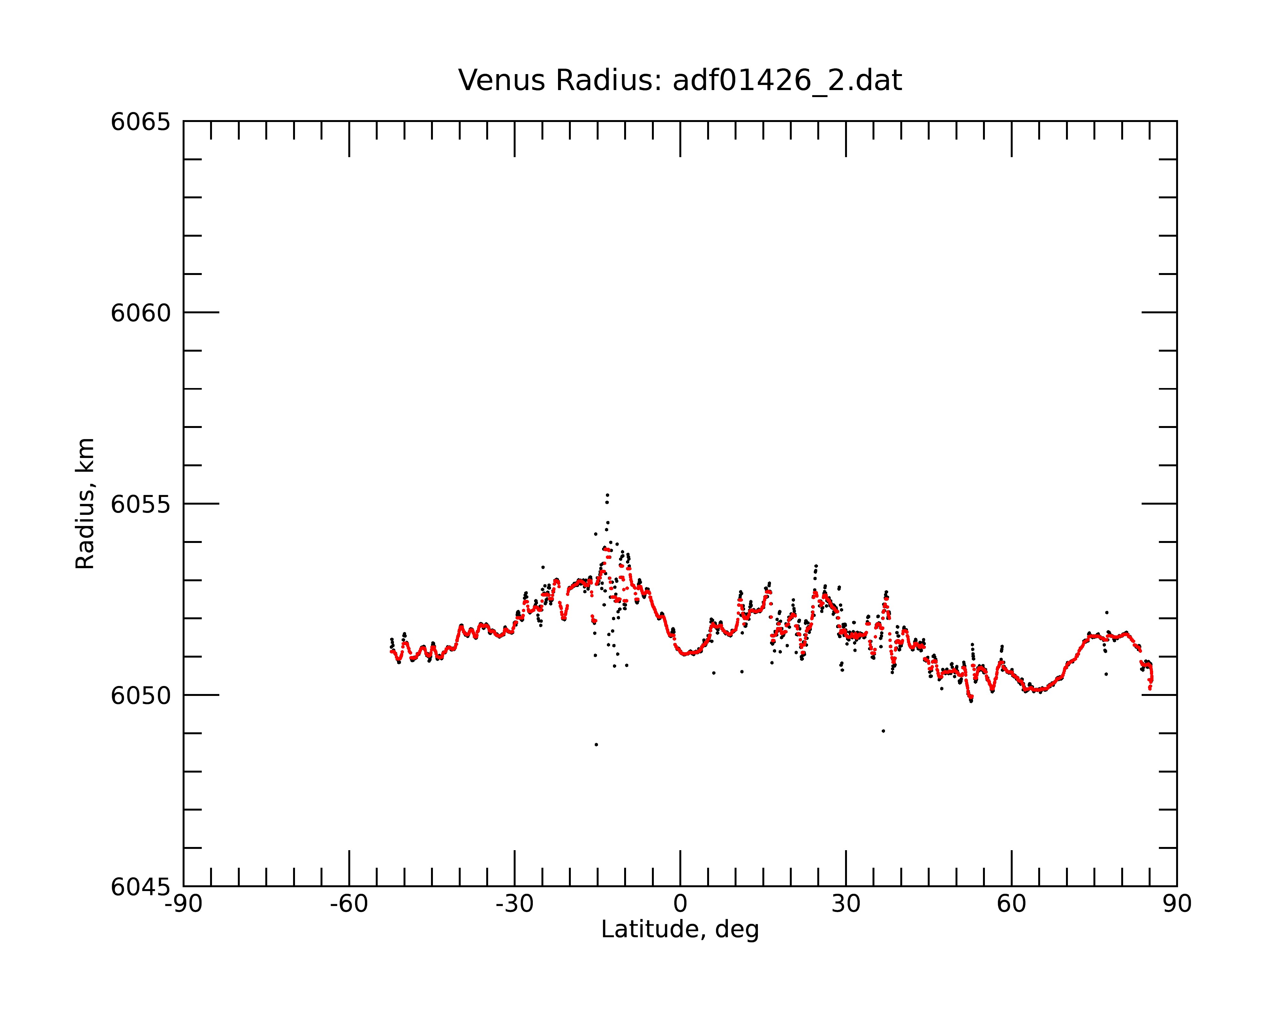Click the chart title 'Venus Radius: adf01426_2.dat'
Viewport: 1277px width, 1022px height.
pyautogui.click(x=680, y=80)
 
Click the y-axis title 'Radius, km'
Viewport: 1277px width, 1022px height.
pyautogui.click(x=85, y=504)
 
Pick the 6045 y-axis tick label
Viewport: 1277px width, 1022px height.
pyautogui.click(x=140, y=887)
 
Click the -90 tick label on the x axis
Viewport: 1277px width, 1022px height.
pyautogui.click(x=184, y=904)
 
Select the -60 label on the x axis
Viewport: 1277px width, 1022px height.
pyautogui.click(x=349, y=904)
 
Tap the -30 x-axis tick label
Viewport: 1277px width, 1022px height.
pyautogui.click(x=515, y=904)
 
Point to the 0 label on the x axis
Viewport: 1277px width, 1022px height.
pyautogui.click(x=680, y=904)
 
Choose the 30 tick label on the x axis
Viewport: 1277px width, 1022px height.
pyautogui.click(x=846, y=904)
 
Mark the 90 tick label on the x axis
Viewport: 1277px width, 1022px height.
pyautogui.click(x=1177, y=904)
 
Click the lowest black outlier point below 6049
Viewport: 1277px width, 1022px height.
pyautogui.click(x=596, y=745)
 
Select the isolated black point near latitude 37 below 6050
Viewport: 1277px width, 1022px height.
pyautogui.click(x=883, y=731)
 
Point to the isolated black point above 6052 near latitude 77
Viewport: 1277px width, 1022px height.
pyautogui.click(x=1107, y=613)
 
